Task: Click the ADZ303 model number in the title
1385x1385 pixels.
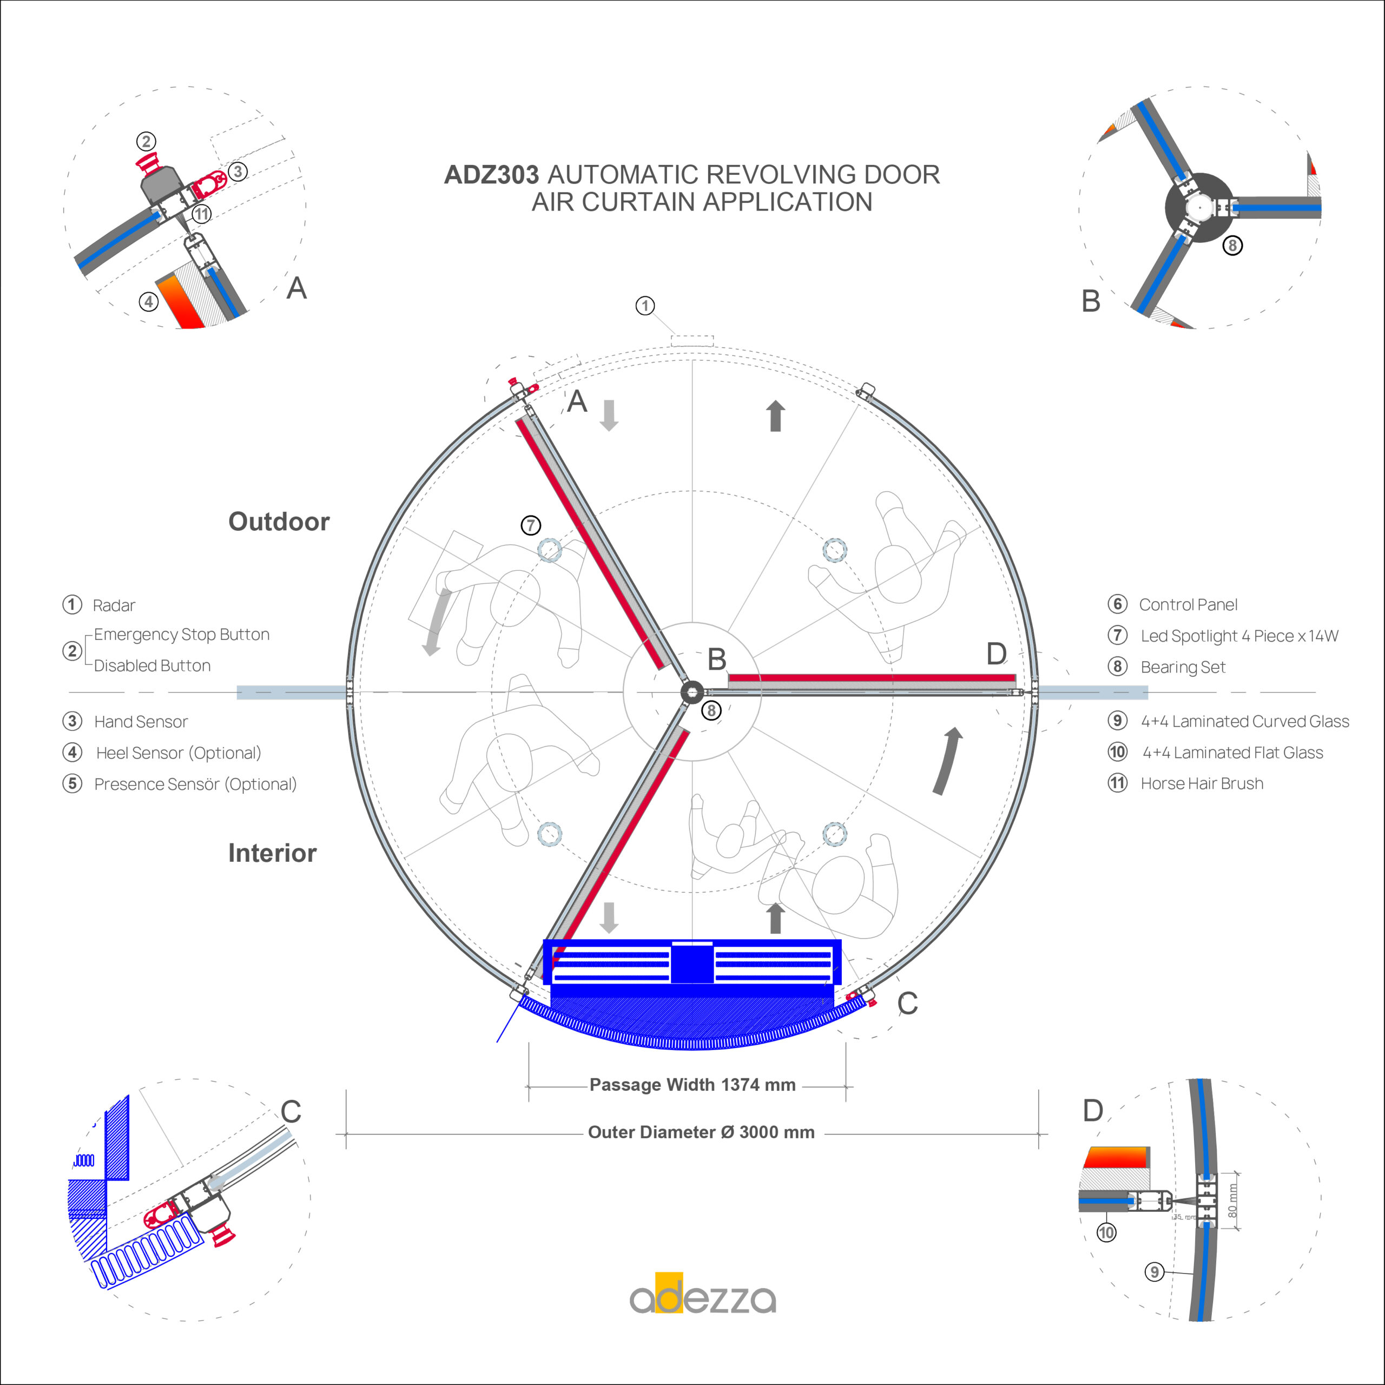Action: [491, 175]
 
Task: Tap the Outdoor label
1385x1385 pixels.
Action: [279, 521]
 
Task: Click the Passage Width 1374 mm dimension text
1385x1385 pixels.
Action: [692, 1085]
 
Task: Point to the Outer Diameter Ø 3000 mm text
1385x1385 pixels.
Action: [701, 1132]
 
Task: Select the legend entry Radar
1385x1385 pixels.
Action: [114, 606]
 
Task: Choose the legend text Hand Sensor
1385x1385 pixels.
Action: [141, 722]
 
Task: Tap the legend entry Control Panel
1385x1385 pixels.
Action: [1189, 604]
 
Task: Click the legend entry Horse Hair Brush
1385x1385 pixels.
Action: [1202, 783]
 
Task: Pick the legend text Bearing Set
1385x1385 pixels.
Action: [1183, 668]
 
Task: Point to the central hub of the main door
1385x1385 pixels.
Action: [692, 692]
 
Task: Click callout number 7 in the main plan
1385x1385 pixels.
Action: [531, 525]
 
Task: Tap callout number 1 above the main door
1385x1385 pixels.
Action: [645, 306]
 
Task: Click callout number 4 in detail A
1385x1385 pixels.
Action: [148, 302]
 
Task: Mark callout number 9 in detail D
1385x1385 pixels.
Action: [1154, 1272]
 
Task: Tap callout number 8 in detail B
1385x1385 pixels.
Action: [1232, 245]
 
